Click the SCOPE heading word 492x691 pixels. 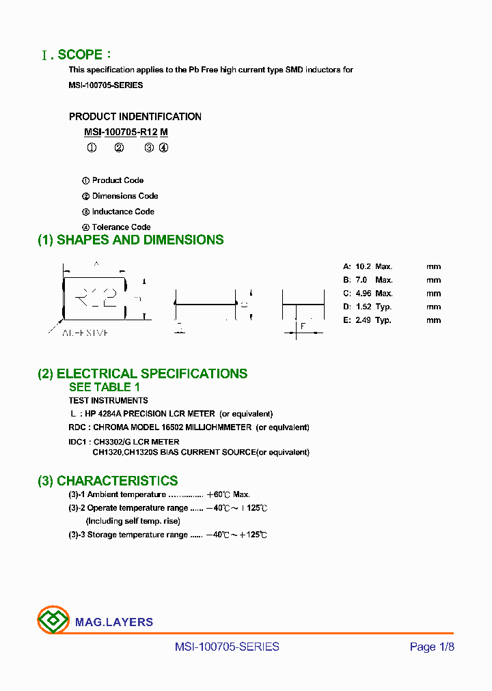click(81, 55)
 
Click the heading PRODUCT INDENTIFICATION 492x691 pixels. click(135, 117)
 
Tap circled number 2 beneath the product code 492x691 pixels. click(119, 147)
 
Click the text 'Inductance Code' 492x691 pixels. click(123, 212)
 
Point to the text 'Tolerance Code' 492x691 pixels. click(121, 227)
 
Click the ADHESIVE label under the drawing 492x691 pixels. click(86, 333)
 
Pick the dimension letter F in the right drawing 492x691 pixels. click(302, 326)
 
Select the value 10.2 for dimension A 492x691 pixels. click(363, 267)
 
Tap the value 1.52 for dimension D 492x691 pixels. click(363, 307)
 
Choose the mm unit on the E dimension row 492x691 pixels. click(434, 320)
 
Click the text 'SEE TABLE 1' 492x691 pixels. click(105, 387)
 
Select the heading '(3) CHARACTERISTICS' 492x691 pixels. click(107, 481)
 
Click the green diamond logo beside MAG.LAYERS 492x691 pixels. click(53, 621)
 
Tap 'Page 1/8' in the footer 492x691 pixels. click(432, 647)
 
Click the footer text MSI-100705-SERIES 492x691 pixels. click(227, 647)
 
